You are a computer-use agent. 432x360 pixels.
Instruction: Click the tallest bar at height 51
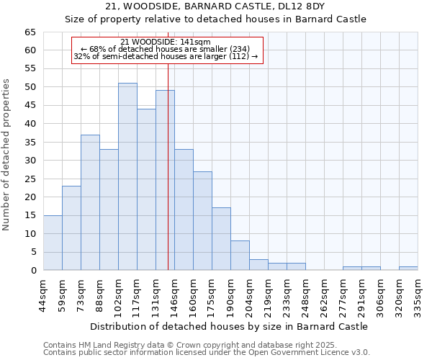point(127,176)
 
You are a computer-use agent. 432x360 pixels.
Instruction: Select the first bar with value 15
point(53,243)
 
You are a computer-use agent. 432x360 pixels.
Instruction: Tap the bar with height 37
point(90,202)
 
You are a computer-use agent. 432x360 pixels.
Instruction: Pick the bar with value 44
point(146,189)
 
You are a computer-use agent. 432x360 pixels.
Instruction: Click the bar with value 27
point(202,220)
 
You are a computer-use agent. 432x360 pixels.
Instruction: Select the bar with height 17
point(221,239)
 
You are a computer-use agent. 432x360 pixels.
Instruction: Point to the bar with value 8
point(240,256)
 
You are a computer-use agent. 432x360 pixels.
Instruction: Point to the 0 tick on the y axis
point(32,271)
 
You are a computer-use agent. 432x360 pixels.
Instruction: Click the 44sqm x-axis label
point(43,294)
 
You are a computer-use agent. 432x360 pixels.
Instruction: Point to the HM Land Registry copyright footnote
point(205,345)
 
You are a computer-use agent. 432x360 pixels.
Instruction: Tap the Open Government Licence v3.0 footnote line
point(207,353)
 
